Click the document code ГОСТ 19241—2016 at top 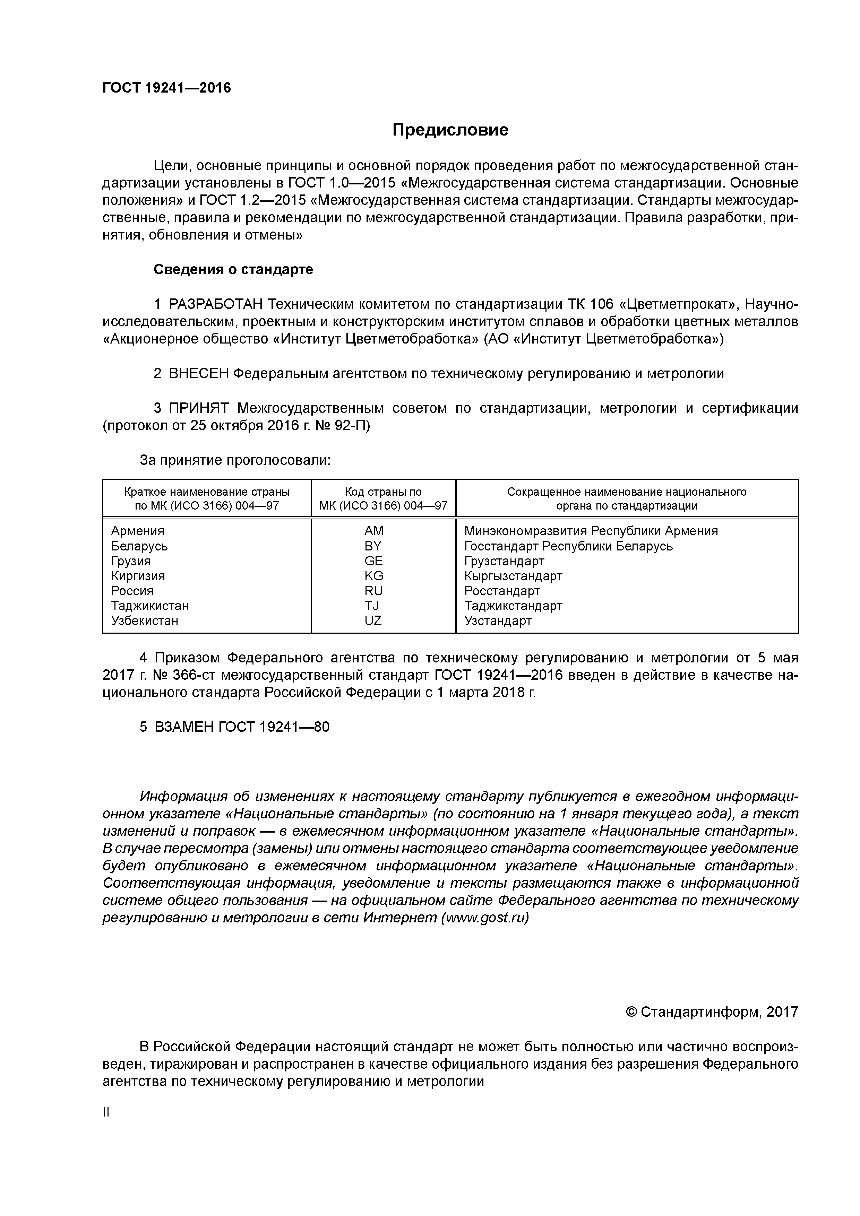pyautogui.click(x=166, y=88)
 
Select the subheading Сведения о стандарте pyautogui.click(x=233, y=270)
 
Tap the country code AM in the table pyautogui.click(x=373, y=531)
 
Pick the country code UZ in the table pyautogui.click(x=373, y=620)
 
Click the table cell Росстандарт pyautogui.click(x=502, y=591)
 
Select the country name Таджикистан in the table pyautogui.click(x=149, y=605)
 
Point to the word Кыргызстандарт pyautogui.click(x=513, y=576)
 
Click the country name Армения pyautogui.click(x=137, y=531)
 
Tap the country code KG pyautogui.click(x=373, y=576)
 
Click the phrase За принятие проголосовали pyautogui.click(x=235, y=460)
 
